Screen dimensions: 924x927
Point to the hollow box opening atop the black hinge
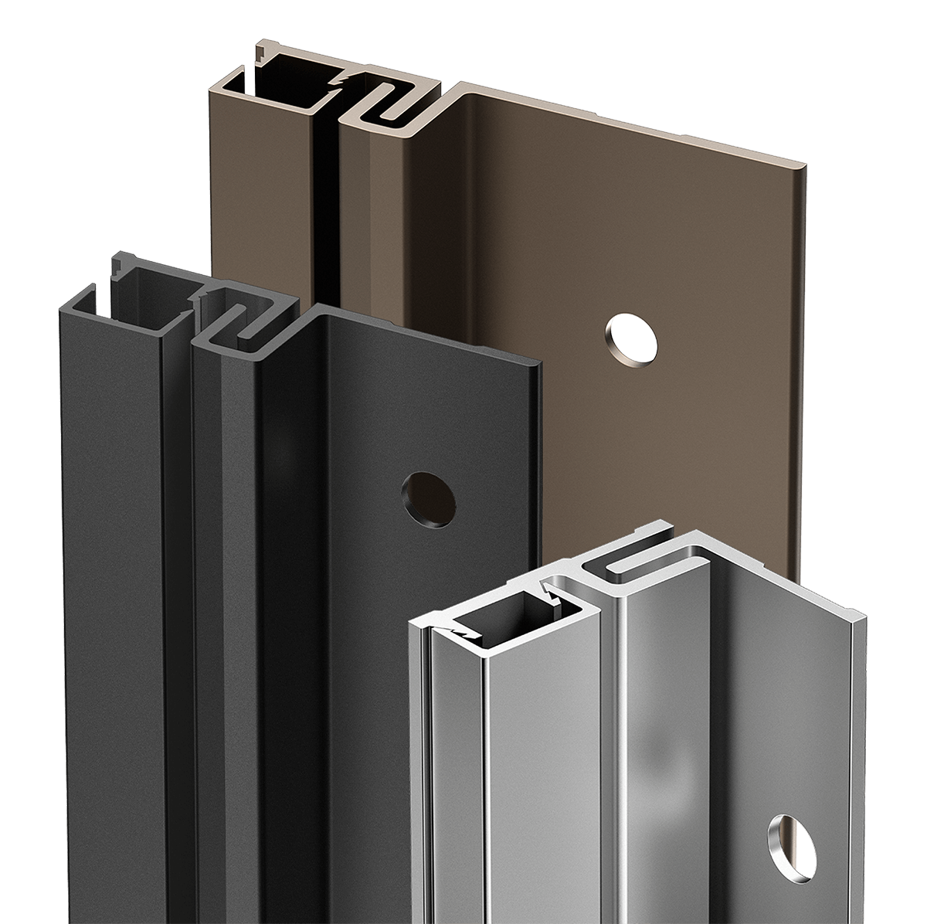click(x=151, y=290)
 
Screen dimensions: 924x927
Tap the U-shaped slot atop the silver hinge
click(x=633, y=566)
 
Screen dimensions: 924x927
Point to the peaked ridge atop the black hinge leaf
click(x=318, y=311)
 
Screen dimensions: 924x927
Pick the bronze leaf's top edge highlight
click(x=633, y=120)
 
